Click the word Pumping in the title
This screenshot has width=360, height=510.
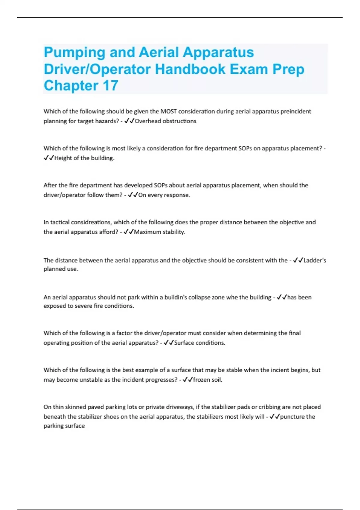coord(74,53)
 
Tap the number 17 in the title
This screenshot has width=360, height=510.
coord(110,86)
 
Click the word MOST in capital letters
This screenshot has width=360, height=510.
coord(169,112)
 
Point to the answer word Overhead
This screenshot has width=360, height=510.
coord(148,121)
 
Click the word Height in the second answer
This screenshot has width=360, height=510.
coord(63,158)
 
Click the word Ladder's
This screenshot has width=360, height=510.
coord(315,260)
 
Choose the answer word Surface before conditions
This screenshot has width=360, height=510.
coord(184,343)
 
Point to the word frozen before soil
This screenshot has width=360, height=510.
coord(202,380)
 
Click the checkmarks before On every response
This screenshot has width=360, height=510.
coord(133,195)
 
